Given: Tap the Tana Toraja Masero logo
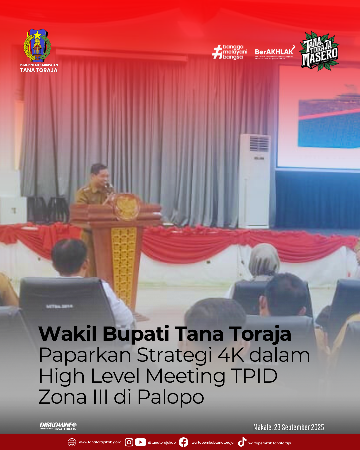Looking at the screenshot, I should pyautogui.click(x=319, y=51).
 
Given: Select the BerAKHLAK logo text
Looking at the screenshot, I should pyautogui.click(x=274, y=52).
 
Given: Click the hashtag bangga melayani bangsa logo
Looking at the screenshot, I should pyautogui.click(x=230, y=52).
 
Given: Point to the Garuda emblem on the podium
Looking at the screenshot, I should pyautogui.click(x=127, y=207).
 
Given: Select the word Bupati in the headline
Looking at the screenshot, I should pyautogui.click(x=135, y=334).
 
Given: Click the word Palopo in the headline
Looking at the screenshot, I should pyautogui.click(x=171, y=397).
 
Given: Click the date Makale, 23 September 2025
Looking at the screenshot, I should pyautogui.click(x=288, y=427).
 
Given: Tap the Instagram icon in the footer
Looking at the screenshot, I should pyautogui.click(x=129, y=442).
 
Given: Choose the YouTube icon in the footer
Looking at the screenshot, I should pyautogui.click(x=140, y=442).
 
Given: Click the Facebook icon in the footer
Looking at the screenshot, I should pyautogui.click(x=183, y=442).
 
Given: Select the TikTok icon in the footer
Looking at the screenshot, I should pyautogui.click(x=242, y=442).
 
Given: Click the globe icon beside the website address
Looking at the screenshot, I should pyautogui.click(x=72, y=442).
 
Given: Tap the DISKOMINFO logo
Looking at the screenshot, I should pyautogui.click(x=58, y=426).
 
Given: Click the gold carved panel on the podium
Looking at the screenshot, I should pyautogui.click(x=124, y=263).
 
